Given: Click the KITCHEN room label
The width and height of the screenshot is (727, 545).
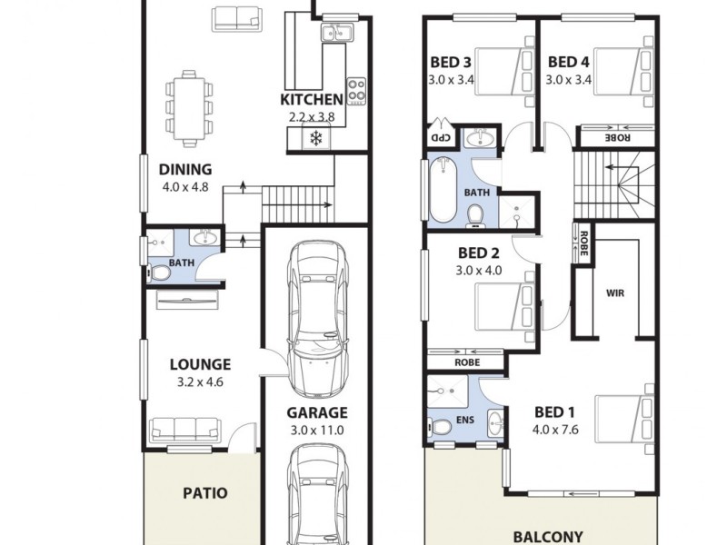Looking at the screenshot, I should click(311, 99).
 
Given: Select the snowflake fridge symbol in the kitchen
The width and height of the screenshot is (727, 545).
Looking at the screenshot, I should click(316, 139).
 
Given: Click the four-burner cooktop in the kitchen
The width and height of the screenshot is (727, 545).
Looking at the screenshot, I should click(355, 90).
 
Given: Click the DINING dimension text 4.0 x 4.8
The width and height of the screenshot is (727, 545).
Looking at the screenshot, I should click(185, 187).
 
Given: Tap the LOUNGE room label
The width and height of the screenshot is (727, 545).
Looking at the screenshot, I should click(200, 364).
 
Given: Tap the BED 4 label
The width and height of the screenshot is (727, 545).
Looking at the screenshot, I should click(568, 63).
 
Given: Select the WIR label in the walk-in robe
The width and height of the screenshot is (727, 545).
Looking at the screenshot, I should click(614, 293).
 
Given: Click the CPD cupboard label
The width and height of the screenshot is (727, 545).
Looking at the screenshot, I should click(439, 138).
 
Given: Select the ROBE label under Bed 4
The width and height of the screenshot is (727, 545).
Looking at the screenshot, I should click(617, 138).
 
